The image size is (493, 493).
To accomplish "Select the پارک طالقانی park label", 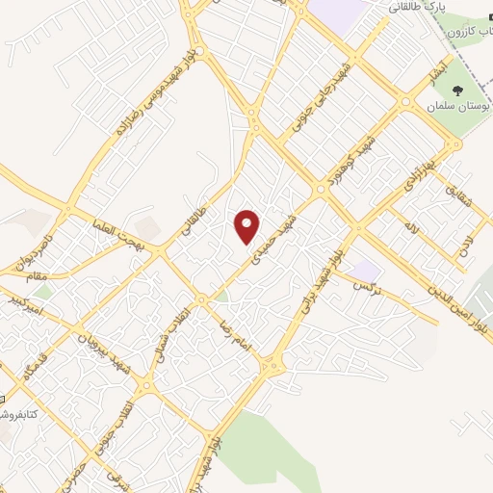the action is (417, 8).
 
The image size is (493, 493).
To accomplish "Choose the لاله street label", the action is (413, 229).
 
